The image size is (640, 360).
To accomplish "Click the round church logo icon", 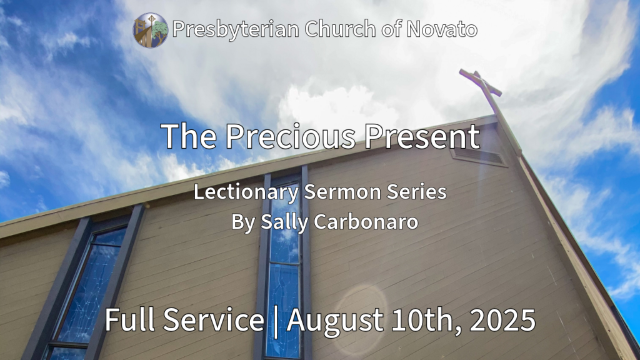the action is click(x=151, y=30).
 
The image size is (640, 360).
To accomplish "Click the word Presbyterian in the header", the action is click(x=236, y=29).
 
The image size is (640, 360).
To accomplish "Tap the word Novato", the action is click(x=442, y=29).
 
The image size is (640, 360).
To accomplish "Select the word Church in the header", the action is click(x=341, y=29).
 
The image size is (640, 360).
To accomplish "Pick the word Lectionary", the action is click(x=246, y=192).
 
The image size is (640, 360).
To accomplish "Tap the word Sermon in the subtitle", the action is click(x=344, y=191).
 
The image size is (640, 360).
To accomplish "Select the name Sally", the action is click(x=284, y=222).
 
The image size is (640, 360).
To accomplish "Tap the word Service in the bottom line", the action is click(x=214, y=319).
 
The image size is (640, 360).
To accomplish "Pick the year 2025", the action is click(x=502, y=320).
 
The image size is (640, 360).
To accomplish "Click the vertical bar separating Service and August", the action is click(x=276, y=322).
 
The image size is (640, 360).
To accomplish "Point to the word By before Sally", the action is click(x=244, y=223).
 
